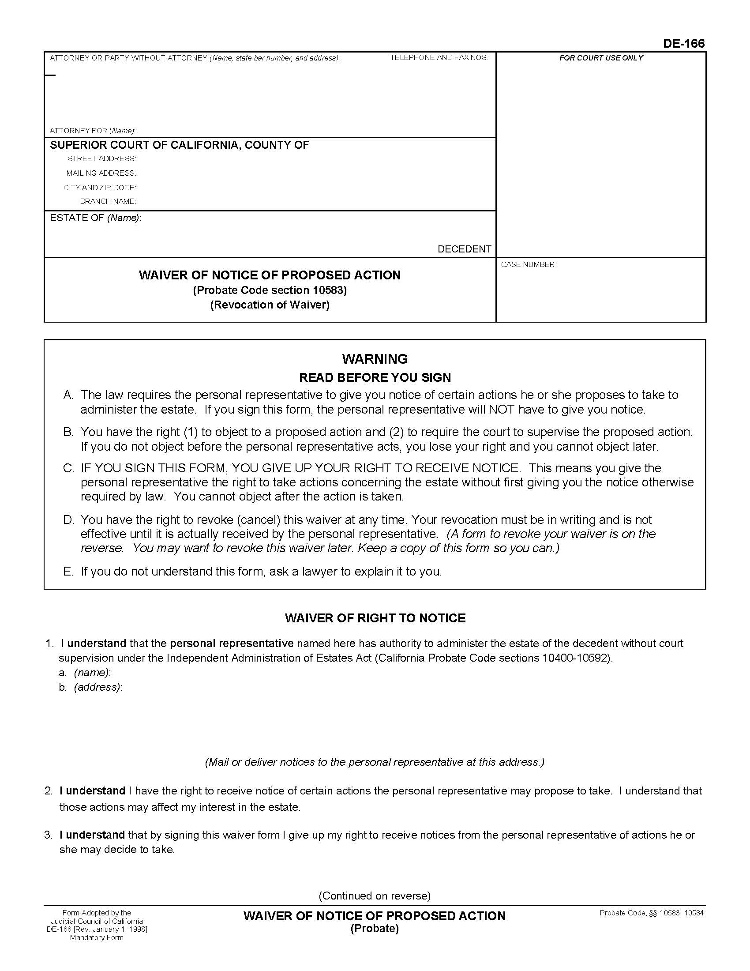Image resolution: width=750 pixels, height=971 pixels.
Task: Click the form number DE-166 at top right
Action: coord(683,44)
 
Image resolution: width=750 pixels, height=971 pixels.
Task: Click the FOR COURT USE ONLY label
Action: coord(601,58)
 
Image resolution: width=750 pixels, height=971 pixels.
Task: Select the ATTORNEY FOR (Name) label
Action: coord(92,131)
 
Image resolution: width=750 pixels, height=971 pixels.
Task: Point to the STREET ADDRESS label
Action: coord(102,159)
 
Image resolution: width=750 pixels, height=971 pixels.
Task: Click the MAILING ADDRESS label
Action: coord(101,173)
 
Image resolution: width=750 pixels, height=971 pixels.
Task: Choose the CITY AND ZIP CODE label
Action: coord(100,188)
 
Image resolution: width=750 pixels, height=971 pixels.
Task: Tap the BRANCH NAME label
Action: coord(108,201)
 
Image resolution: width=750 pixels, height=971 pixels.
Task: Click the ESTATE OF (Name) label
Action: coord(96,218)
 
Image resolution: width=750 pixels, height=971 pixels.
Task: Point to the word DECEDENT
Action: coord(464,249)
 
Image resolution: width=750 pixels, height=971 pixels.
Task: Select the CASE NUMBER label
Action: coord(528,264)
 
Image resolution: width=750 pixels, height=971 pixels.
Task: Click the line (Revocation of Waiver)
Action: coord(270,305)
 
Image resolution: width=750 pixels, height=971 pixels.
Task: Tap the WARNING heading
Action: coord(375,359)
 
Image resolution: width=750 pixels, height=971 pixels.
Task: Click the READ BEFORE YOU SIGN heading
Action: coord(375,377)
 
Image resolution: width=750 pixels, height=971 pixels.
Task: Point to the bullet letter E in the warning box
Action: coord(67,571)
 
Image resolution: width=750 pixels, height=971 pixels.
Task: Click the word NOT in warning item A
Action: coord(502,410)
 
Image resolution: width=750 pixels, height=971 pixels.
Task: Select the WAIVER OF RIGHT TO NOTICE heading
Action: coord(375,618)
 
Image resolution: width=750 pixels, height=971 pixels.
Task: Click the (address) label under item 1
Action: coord(98,687)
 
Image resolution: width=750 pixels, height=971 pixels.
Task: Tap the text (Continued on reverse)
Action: coord(375,896)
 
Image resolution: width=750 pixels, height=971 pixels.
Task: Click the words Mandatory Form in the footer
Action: coord(97,937)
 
